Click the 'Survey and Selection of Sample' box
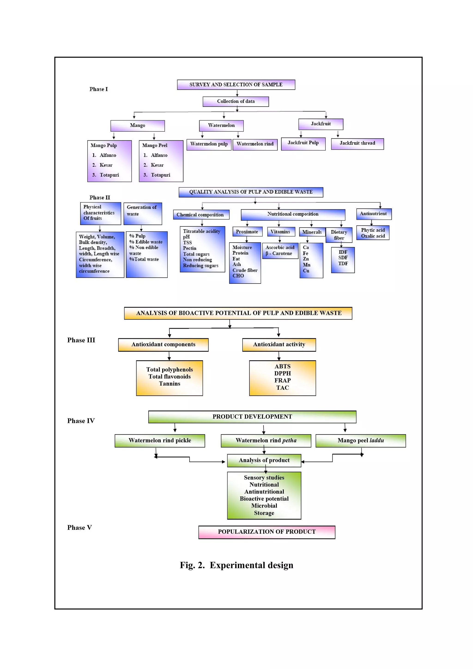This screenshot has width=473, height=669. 236,84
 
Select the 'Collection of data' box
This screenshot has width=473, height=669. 236,101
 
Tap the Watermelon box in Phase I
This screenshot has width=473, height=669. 221,125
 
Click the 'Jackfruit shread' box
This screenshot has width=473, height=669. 357,143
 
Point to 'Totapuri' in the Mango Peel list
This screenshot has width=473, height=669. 160,175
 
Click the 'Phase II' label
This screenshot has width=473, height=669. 100,198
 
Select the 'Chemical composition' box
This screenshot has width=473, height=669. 201,215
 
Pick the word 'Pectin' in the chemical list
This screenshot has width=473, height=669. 189,248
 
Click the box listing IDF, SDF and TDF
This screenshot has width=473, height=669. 343,260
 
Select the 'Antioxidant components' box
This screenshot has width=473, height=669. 163,344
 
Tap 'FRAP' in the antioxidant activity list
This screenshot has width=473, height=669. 282,380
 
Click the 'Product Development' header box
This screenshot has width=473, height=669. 252,417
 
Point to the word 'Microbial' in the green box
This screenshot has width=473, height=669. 264,506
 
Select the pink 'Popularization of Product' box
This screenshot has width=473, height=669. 267,532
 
